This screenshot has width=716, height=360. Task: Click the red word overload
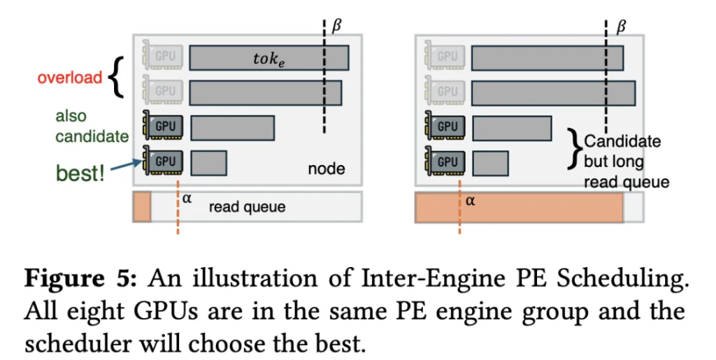tap(70, 77)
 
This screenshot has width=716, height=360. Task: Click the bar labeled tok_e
tap(268, 57)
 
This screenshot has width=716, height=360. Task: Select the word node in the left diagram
tap(326, 169)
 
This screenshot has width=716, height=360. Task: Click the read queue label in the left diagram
tap(247, 207)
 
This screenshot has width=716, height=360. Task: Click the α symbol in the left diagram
tap(187, 198)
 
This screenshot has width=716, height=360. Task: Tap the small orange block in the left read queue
tap(142, 207)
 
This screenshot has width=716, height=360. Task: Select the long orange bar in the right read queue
tap(520, 208)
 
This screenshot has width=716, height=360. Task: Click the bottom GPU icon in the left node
tap(162, 161)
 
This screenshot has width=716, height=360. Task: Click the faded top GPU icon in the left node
tap(162, 56)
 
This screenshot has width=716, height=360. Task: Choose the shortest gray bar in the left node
tap(208, 162)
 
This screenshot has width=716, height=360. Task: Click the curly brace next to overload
tap(117, 76)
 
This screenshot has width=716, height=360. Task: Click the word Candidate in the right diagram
tap(622, 142)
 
